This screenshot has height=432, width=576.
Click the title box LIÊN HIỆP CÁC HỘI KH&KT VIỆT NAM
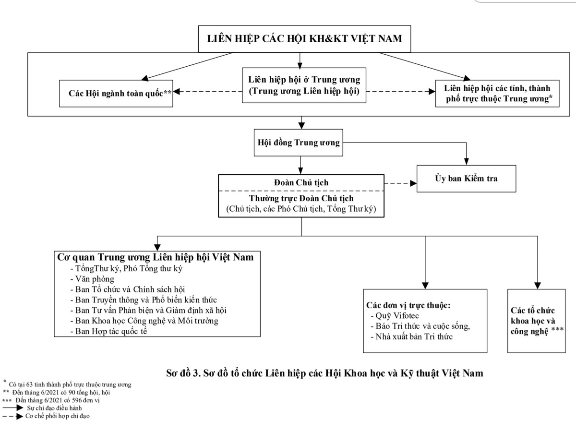pos(305,38)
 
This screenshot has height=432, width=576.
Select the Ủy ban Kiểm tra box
pos(459,179)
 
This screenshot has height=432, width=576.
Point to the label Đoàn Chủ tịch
pos(301,183)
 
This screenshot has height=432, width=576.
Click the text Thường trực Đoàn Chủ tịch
pos(301,199)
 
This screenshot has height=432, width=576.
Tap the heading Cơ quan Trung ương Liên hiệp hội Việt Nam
pos(155,257)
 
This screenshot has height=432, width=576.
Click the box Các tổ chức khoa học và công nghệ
pos(537,321)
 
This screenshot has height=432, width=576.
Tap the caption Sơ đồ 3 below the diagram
pos(324,373)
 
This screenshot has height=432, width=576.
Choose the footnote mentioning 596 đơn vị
pos(57,400)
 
